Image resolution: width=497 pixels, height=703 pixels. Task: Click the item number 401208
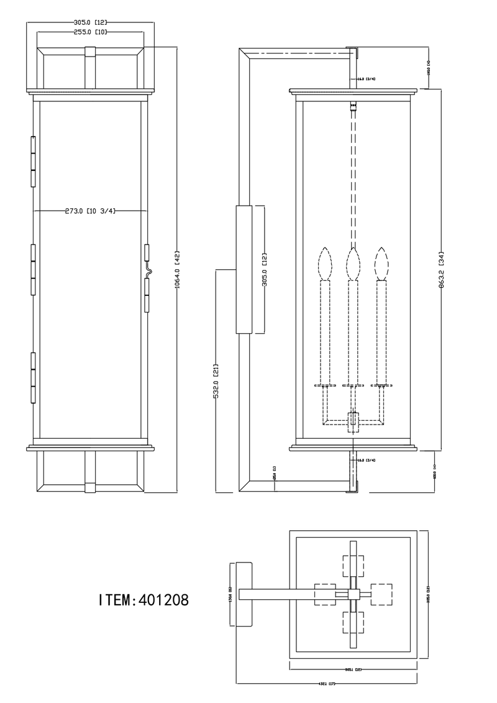pos(144,600)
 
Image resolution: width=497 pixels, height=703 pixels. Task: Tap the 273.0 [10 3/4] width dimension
pos(90,211)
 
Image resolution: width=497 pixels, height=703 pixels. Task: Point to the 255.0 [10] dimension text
pos(90,31)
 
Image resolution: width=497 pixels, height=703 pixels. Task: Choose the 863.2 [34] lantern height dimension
pos(441,269)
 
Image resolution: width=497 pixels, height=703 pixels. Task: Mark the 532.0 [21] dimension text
pos(215,380)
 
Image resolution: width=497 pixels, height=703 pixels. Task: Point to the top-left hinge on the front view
pos(32,160)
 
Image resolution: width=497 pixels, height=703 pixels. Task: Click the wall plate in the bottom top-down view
pos(243,595)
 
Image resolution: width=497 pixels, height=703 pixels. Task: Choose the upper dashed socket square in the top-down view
pos(353,565)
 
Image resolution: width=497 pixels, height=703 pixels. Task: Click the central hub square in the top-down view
pos(353,595)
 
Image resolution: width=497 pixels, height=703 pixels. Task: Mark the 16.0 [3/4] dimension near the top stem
pos(366,79)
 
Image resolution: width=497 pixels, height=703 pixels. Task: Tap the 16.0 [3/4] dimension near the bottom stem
pos(366,460)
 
